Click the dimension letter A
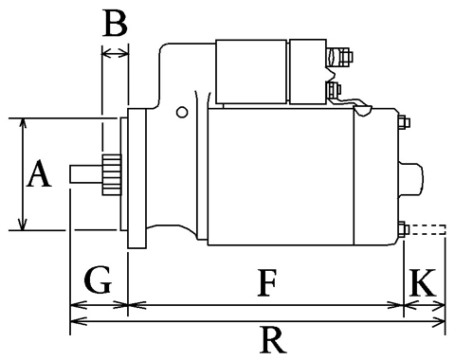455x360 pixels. pyautogui.click(x=39, y=173)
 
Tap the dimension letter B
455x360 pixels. pyautogui.click(x=116, y=23)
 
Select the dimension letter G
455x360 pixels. pyautogui.click(x=98, y=279)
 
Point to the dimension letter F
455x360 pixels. pyautogui.click(x=267, y=282)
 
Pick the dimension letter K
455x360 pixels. pyautogui.click(x=423, y=282)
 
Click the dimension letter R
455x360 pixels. pyautogui.click(x=273, y=340)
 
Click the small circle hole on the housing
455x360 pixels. pyautogui.click(x=182, y=112)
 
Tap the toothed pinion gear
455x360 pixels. pyautogui.click(x=112, y=174)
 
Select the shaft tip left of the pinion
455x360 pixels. pyautogui.click(x=85, y=174)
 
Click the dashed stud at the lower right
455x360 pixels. pyautogui.click(x=428, y=229)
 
